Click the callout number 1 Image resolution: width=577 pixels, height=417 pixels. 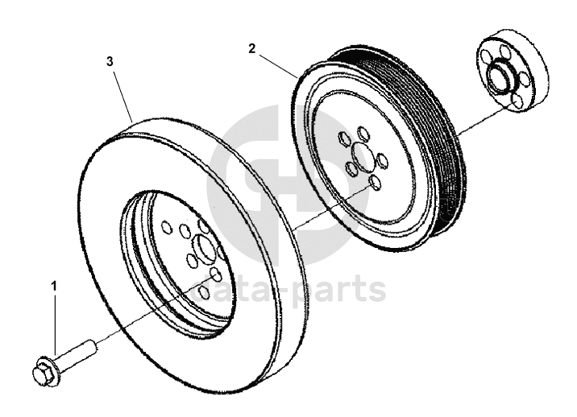tap(55, 286)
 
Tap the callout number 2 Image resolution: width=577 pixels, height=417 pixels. tap(252, 48)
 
